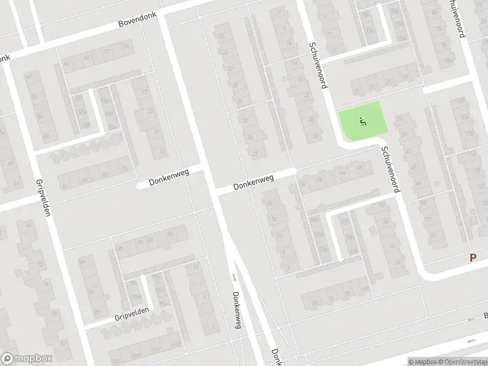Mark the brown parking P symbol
pos(473,258)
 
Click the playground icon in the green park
pos(363,121)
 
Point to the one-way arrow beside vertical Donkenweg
pos(234,277)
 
